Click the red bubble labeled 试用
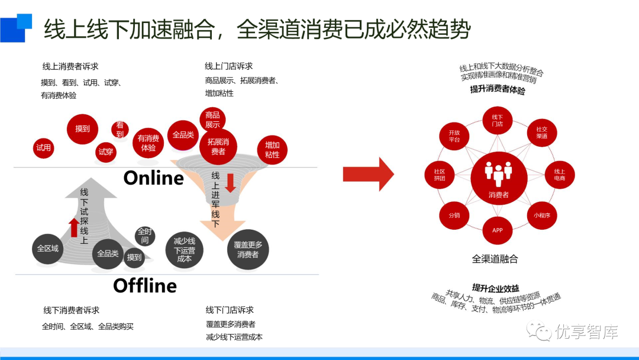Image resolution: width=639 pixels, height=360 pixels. [44, 148]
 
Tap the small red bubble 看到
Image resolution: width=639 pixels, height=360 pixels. [120, 130]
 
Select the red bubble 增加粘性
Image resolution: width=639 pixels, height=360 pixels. [272, 150]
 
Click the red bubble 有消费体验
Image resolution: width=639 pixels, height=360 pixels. [148, 143]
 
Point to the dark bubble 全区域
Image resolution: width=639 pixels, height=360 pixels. [47, 249]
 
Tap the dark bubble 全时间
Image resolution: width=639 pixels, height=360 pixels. [144, 236]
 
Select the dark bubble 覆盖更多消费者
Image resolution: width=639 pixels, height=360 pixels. [248, 250]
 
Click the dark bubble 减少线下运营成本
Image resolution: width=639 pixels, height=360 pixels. [185, 250]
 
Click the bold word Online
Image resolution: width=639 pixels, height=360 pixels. [154, 178]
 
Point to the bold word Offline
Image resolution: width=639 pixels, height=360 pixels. [145, 286]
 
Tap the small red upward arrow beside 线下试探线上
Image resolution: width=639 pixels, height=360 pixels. [73, 227]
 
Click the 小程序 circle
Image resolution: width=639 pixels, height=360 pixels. [542, 216]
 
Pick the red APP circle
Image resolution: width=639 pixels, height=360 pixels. [498, 230]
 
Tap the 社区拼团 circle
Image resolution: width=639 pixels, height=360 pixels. [439, 175]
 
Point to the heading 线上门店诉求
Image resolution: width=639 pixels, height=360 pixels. [228, 66]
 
